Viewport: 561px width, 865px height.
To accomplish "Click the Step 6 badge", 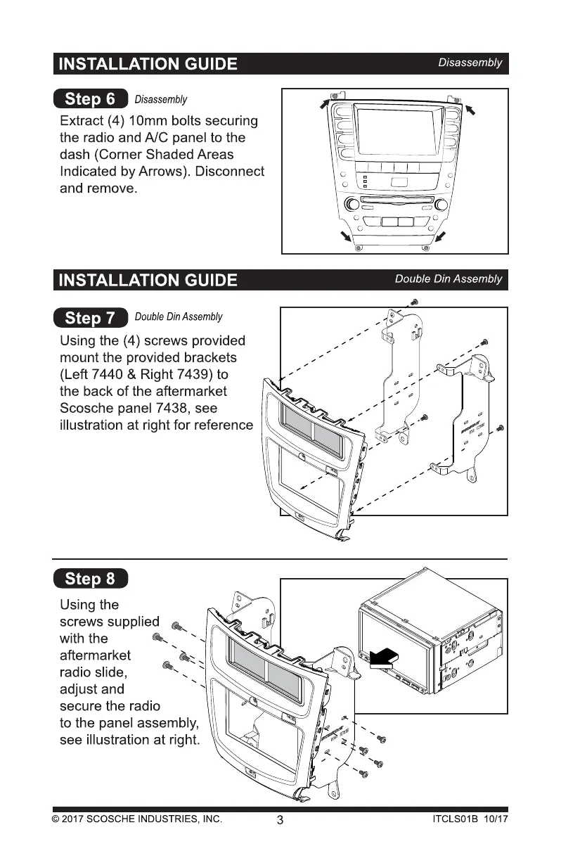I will coord(90,99).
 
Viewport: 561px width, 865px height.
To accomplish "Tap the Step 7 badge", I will coord(90,318).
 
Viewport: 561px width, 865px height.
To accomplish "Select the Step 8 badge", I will coord(90,579).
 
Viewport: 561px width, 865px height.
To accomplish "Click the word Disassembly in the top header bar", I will coord(470,63).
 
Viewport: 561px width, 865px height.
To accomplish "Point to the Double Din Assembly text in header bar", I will coord(449,279).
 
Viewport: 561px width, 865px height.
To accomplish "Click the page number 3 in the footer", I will coord(280,820).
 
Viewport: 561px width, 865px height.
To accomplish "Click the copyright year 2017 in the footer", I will coord(74,819).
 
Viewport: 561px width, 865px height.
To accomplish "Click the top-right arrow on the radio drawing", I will coord(470,108).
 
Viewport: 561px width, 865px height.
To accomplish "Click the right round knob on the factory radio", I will coord(441,205).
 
